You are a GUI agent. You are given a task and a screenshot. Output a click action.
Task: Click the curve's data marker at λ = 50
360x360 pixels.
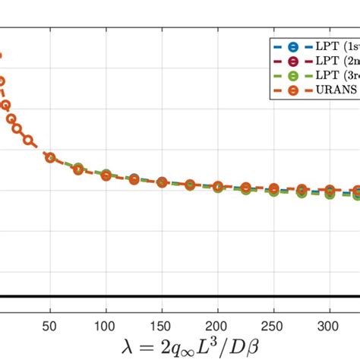click(x=50, y=157)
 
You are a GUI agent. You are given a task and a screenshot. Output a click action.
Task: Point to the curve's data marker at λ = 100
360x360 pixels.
click(x=106, y=175)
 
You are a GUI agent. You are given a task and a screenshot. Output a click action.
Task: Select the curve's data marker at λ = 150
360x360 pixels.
click(x=162, y=182)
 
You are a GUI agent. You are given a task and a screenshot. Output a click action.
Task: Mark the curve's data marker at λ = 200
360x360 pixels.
click(x=218, y=186)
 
